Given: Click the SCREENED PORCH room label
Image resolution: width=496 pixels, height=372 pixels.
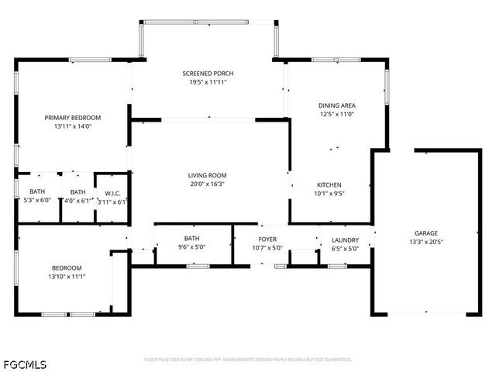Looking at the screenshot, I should pyautogui.click(x=208, y=74).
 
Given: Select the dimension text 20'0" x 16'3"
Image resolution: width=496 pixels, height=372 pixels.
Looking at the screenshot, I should pyautogui.click(x=207, y=184).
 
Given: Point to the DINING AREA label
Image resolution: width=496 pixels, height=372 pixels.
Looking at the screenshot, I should pyautogui.click(x=336, y=105).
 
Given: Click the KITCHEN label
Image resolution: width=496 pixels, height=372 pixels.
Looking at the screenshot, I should pyautogui.click(x=329, y=184).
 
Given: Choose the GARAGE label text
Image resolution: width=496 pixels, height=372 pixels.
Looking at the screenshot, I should pyautogui.click(x=425, y=232).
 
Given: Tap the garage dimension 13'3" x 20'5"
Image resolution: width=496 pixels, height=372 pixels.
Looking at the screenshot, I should pyautogui.click(x=425, y=242).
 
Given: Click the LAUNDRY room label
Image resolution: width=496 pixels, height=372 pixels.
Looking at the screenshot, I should pyautogui.click(x=345, y=239).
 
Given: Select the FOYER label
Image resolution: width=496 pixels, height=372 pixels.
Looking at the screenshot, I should pyautogui.click(x=267, y=239).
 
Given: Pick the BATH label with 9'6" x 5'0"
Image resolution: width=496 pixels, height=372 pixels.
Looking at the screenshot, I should pyautogui.click(x=191, y=239).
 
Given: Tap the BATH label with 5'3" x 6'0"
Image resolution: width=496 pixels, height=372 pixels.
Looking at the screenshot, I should pyautogui.click(x=37, y=192).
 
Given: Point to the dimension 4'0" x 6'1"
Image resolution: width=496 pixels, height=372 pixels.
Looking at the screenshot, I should pyautogui.click(x=77, y=201).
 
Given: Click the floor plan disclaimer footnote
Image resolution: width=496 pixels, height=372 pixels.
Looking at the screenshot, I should pyautogui.click(x=248, y=360).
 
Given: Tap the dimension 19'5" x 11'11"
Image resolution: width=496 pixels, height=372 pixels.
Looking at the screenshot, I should pyautogui.click(x=208, y=83).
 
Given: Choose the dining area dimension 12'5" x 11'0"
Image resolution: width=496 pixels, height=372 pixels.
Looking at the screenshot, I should pyautogui.click(x=336, y=114).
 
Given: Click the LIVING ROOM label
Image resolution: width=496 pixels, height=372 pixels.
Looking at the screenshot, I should pyautogui.click(x=207, y=175).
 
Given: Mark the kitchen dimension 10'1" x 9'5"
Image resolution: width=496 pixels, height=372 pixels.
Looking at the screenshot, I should pyautogui.click(x=329, y=194).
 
